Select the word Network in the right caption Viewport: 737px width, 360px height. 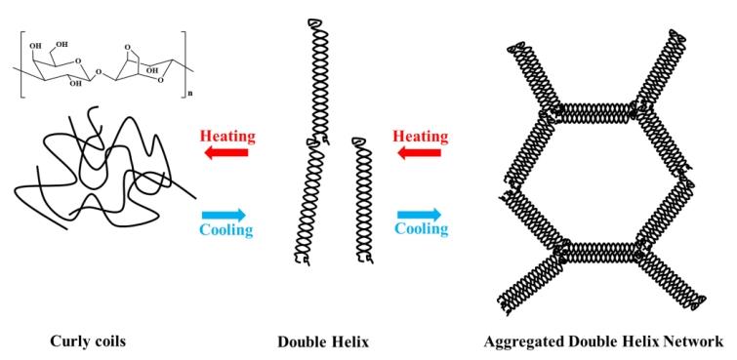[x=692, y=342]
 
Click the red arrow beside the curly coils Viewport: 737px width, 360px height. [x=223, y=152]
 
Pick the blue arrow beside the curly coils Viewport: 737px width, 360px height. [x=223, y=214]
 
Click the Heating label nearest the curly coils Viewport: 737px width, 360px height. [x=225, y=135]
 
